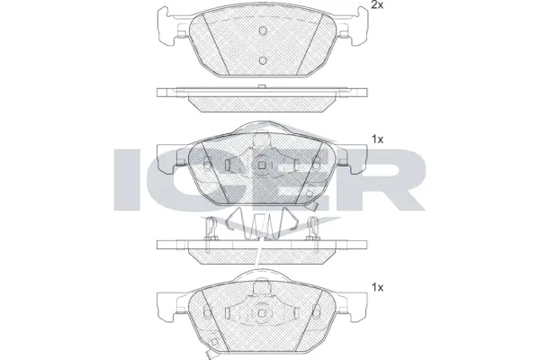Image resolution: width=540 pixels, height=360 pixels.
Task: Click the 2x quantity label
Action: click(379, 6)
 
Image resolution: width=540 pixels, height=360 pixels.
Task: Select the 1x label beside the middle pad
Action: click(379, 139)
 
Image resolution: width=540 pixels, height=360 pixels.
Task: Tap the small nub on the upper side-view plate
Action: click(260, 86)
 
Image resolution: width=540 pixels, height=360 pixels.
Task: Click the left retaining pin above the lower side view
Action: click(209, 229)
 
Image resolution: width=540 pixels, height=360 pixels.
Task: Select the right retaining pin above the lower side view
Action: click(313, 229)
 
